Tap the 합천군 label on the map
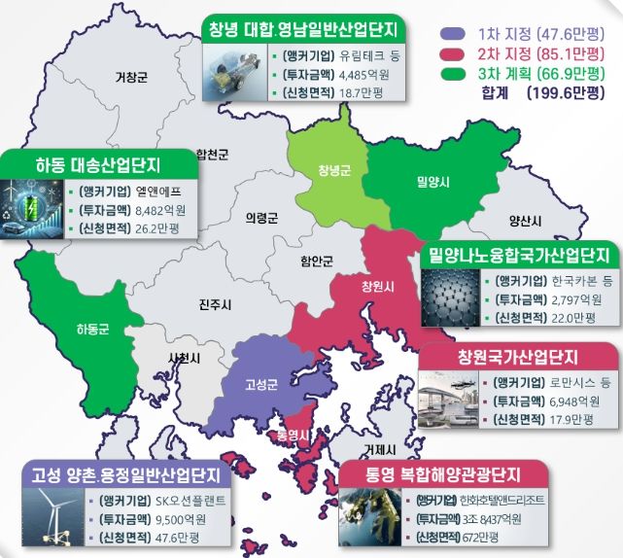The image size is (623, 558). tap(212, 154)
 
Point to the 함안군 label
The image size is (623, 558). tap(317, 261)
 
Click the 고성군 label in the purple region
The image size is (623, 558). tap(262, 384)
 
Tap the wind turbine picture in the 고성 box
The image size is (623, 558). tap(56, 515)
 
